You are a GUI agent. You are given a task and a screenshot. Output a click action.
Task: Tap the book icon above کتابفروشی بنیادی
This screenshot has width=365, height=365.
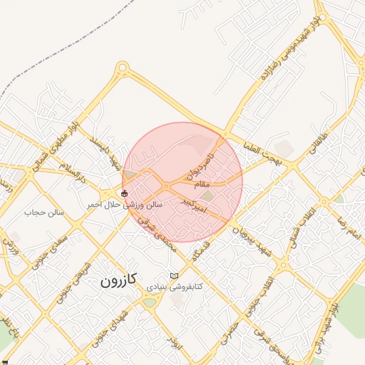pos(175,275)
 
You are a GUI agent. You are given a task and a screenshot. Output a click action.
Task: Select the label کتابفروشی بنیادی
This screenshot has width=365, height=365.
pos(175,286)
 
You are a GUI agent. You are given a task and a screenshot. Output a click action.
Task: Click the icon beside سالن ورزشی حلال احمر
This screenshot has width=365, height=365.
pos(125,193)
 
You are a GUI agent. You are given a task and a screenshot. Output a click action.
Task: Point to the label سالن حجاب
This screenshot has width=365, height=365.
pos(44,212)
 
